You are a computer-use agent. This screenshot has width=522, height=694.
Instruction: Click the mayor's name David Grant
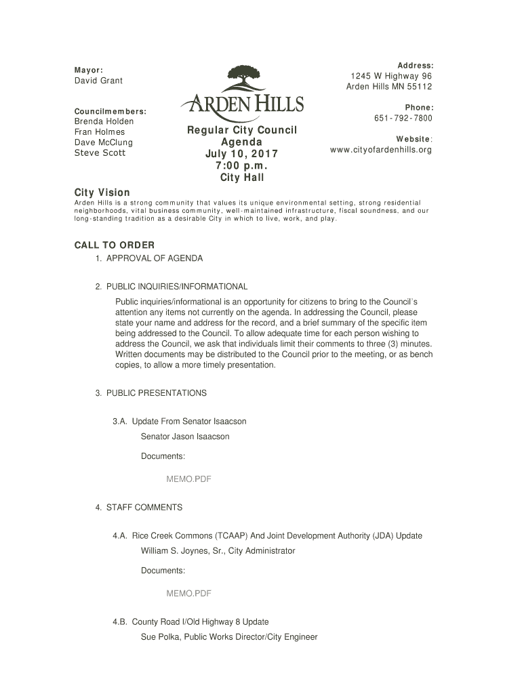coord(99,81)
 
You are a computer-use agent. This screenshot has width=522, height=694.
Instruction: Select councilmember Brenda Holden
coord(104,121)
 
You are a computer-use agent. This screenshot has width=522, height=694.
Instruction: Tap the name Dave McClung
coord(103,142)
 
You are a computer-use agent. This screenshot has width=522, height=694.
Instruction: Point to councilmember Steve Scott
coord(99,153)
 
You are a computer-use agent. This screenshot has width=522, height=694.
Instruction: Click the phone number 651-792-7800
coord(403,119)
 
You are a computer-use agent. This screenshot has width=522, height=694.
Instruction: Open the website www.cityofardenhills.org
coord(380,149)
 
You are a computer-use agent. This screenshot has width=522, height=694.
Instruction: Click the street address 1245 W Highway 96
coord(391,76)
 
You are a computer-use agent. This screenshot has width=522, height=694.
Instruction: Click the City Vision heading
coord(102,192)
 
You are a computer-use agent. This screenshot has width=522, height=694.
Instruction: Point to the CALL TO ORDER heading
coord(114,245)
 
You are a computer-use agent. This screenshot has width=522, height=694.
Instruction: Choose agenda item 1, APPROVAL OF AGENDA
coord(154,258)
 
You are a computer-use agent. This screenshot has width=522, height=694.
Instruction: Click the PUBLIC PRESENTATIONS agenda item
coord(157,393)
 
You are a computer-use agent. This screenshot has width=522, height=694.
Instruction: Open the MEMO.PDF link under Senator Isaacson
coord(189,479)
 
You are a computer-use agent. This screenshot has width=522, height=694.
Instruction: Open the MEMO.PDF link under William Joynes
coord(189,594)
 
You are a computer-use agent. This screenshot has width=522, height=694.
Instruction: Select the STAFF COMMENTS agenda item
coord(144,508)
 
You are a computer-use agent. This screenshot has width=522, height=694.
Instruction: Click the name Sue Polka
coord(160,637)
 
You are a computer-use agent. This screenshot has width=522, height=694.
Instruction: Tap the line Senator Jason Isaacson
coord(185,436)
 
